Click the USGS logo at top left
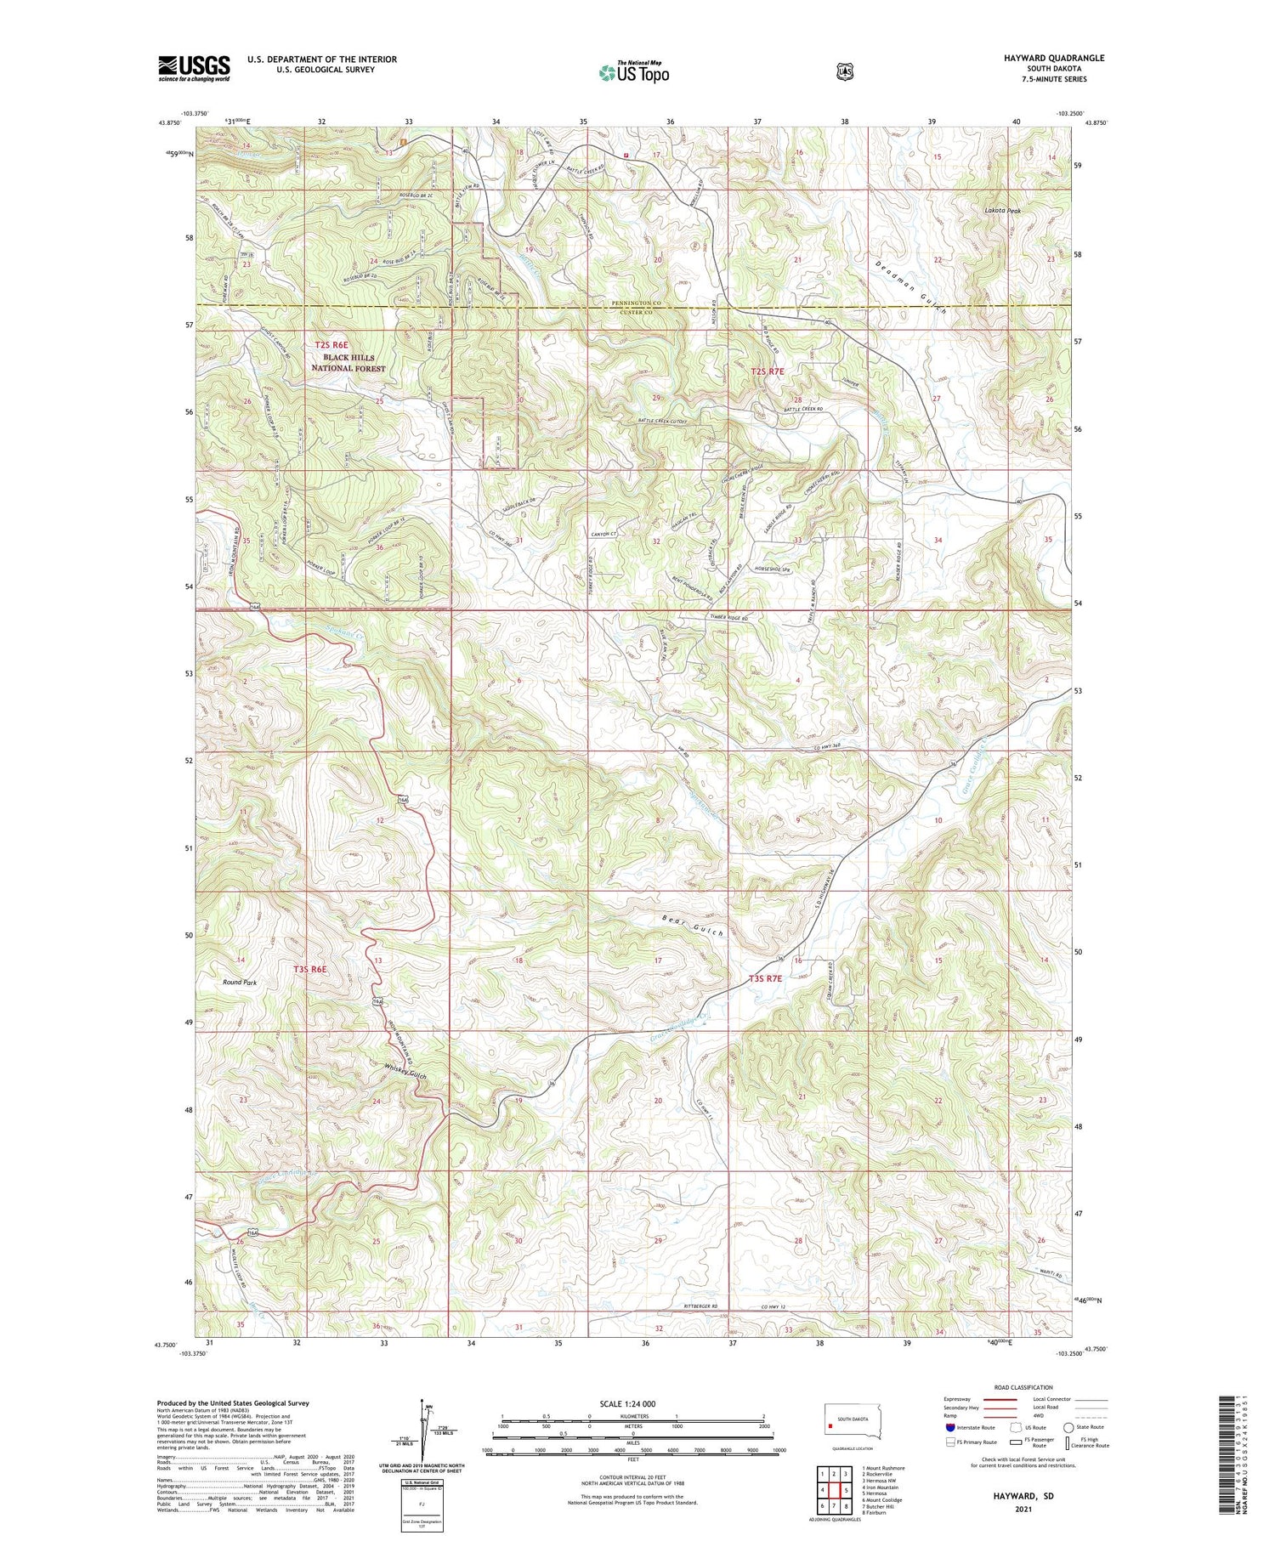(x=194, y=68)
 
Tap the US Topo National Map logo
(x=633, y=73)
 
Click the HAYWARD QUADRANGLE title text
(x=1055, y=58)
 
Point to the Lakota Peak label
(x=1002, y=210)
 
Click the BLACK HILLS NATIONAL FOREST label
(x=348, y=363)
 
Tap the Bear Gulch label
(x=692, y=926)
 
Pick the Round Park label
(x=240, y=982)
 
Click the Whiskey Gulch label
(x=405, y=1072)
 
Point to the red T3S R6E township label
(x=310, y=969)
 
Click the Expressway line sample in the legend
(x=1004, y=1399)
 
